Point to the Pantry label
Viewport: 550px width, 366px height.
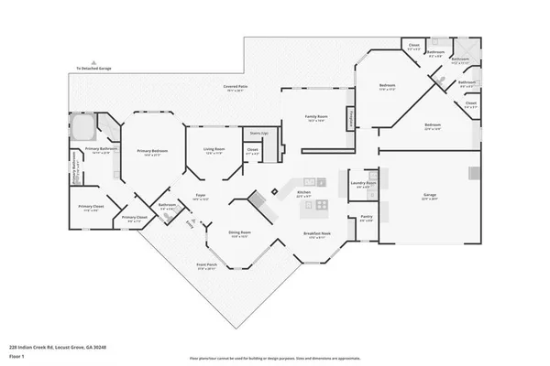pyautogui.click(x=365, y=219)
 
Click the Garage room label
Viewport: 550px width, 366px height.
pyautogui.click(x=428, y=195)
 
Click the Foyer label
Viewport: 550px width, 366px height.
pyautogui.click(x=199, y=196)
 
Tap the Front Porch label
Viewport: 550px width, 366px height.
pyautogui.click(x=206, y=266)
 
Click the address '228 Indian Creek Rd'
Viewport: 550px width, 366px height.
pyautogui.click(x=55, y=347)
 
